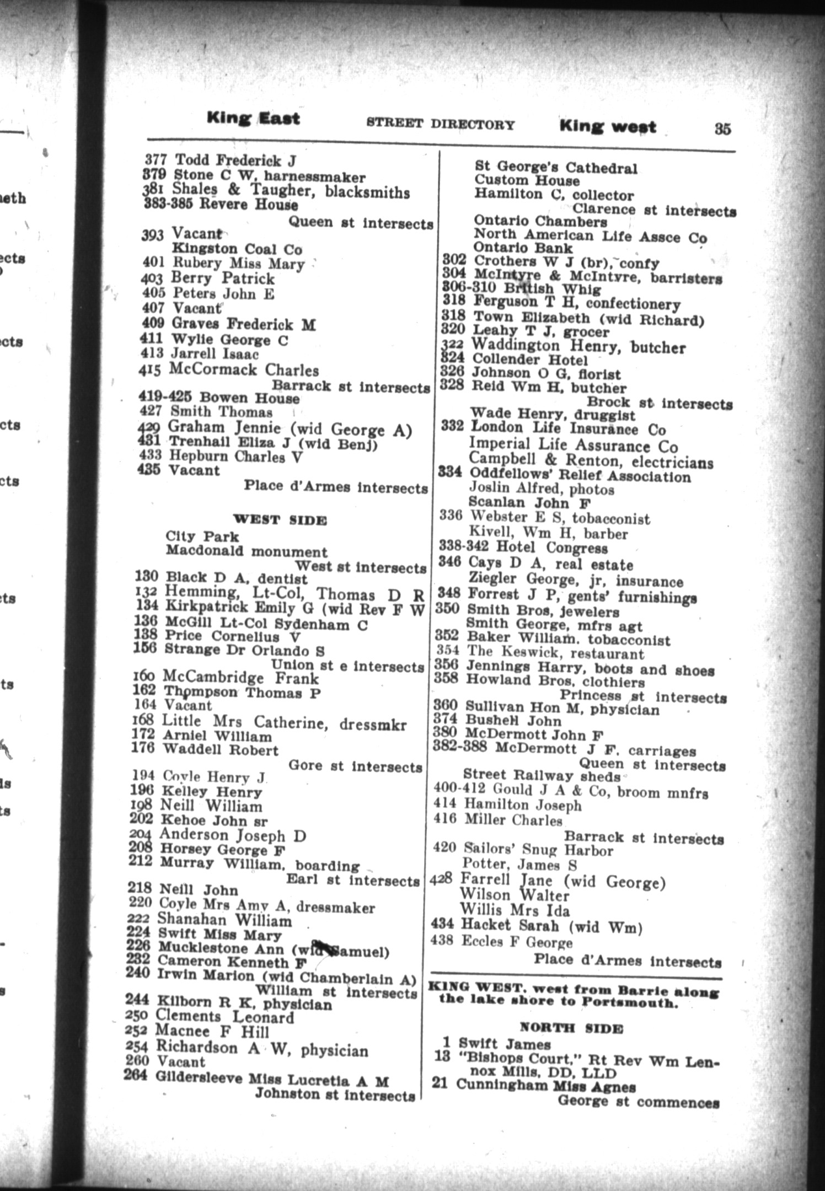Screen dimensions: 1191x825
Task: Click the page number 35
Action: tap(722, 128)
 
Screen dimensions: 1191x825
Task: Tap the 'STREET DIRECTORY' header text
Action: tap(440, 124)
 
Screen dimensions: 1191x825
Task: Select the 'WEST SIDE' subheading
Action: tap(280, 519)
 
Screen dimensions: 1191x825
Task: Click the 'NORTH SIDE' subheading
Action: tap(571, 1028)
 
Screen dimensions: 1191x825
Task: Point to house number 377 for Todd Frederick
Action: tap(155, 160)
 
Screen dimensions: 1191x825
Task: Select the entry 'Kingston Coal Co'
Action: tap(237, 249)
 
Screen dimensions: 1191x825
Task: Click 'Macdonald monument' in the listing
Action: tap(246, 551)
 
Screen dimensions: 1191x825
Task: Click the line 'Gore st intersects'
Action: tap(355, 766)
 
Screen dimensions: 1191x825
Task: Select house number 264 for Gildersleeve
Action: tap(135, 1075)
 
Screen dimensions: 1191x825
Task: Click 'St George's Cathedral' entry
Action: tap(555, 168)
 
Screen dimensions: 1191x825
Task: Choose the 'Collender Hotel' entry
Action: tap(529, 360)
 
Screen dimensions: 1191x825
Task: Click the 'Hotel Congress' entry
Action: tap(551, 548)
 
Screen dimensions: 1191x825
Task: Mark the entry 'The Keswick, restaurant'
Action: tap(555, 653)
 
